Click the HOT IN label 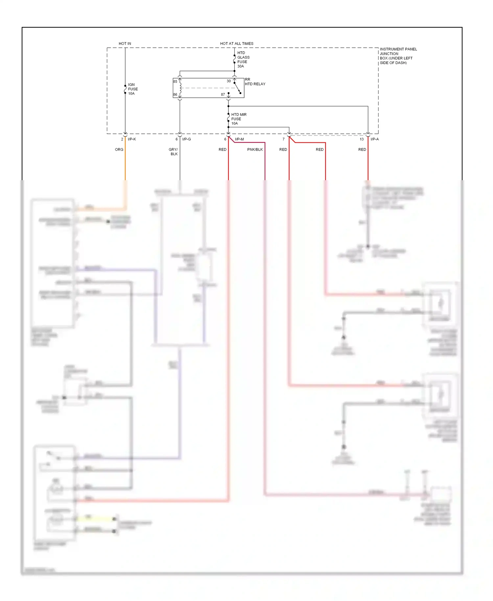125,43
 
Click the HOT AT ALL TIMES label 237,43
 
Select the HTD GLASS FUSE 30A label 243,60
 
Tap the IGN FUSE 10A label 133,89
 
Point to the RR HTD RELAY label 255,82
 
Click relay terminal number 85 175,82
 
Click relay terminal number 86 175,95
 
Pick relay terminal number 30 229,81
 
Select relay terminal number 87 223,95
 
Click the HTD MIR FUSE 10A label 239,119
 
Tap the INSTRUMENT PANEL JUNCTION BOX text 398,56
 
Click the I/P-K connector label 132,139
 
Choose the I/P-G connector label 186,139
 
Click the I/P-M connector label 239,139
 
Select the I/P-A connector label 375,139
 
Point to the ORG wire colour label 119,150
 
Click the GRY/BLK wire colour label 174,152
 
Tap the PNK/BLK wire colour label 255,150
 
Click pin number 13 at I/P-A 362,139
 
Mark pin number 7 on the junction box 284,139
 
